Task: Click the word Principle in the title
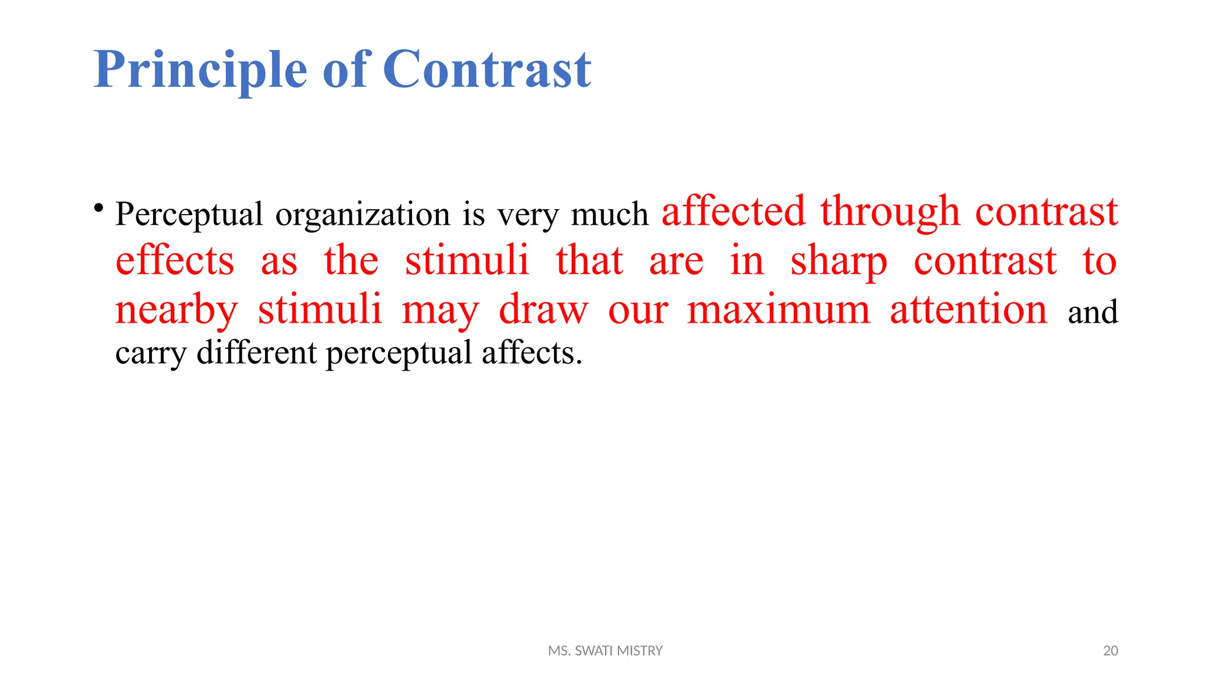click(200, 70)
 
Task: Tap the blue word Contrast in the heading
click(487, 70)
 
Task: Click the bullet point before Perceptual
click(99, 208)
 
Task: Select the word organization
click(362, 214)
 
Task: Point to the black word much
click(610, 214)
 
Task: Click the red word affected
click(733, 211)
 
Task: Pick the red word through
click(890, 211)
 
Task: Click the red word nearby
click(176, 310)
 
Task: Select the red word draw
click(543, 310)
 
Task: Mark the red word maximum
click(779, 310)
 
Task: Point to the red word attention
click(969, 310)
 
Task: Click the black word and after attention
click(1093, 312)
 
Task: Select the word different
click(257, 353)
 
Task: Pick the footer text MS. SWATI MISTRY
click(605, 651)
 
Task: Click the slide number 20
click(1110, 651)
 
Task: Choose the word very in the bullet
click(527, 214)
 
